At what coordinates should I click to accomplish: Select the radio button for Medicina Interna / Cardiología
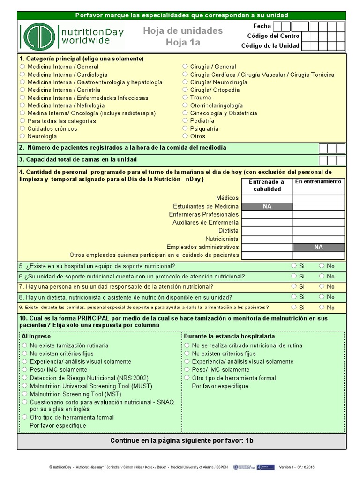click(x=22, y=75)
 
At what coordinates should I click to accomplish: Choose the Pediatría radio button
click(x=186, y=121)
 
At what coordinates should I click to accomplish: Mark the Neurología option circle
click(x=22, y=136)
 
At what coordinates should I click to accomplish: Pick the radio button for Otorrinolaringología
click(x=186, y=105)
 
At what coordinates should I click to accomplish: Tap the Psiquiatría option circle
click(x=186, y=128)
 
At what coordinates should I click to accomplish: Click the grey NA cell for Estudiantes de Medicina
click(x=267, y=206)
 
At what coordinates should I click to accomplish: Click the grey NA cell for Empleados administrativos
click(x=319, y=247)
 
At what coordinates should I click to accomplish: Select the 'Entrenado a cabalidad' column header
click(x=267, y=185)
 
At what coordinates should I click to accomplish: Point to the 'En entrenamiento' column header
click(x=319, y=181)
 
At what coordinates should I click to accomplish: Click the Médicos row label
click(x=227, y=198)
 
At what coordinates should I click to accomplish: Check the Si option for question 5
click(x=294, y=265)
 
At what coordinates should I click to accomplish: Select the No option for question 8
click(x=322, y=297)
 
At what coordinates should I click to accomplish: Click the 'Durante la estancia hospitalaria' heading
click(x=229, y=336)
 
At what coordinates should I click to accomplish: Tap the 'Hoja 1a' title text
click(x=182, y=43)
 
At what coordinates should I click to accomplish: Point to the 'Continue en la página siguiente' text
click(x=182, y=441)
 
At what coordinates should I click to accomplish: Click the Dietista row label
click(x=228, y=231)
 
